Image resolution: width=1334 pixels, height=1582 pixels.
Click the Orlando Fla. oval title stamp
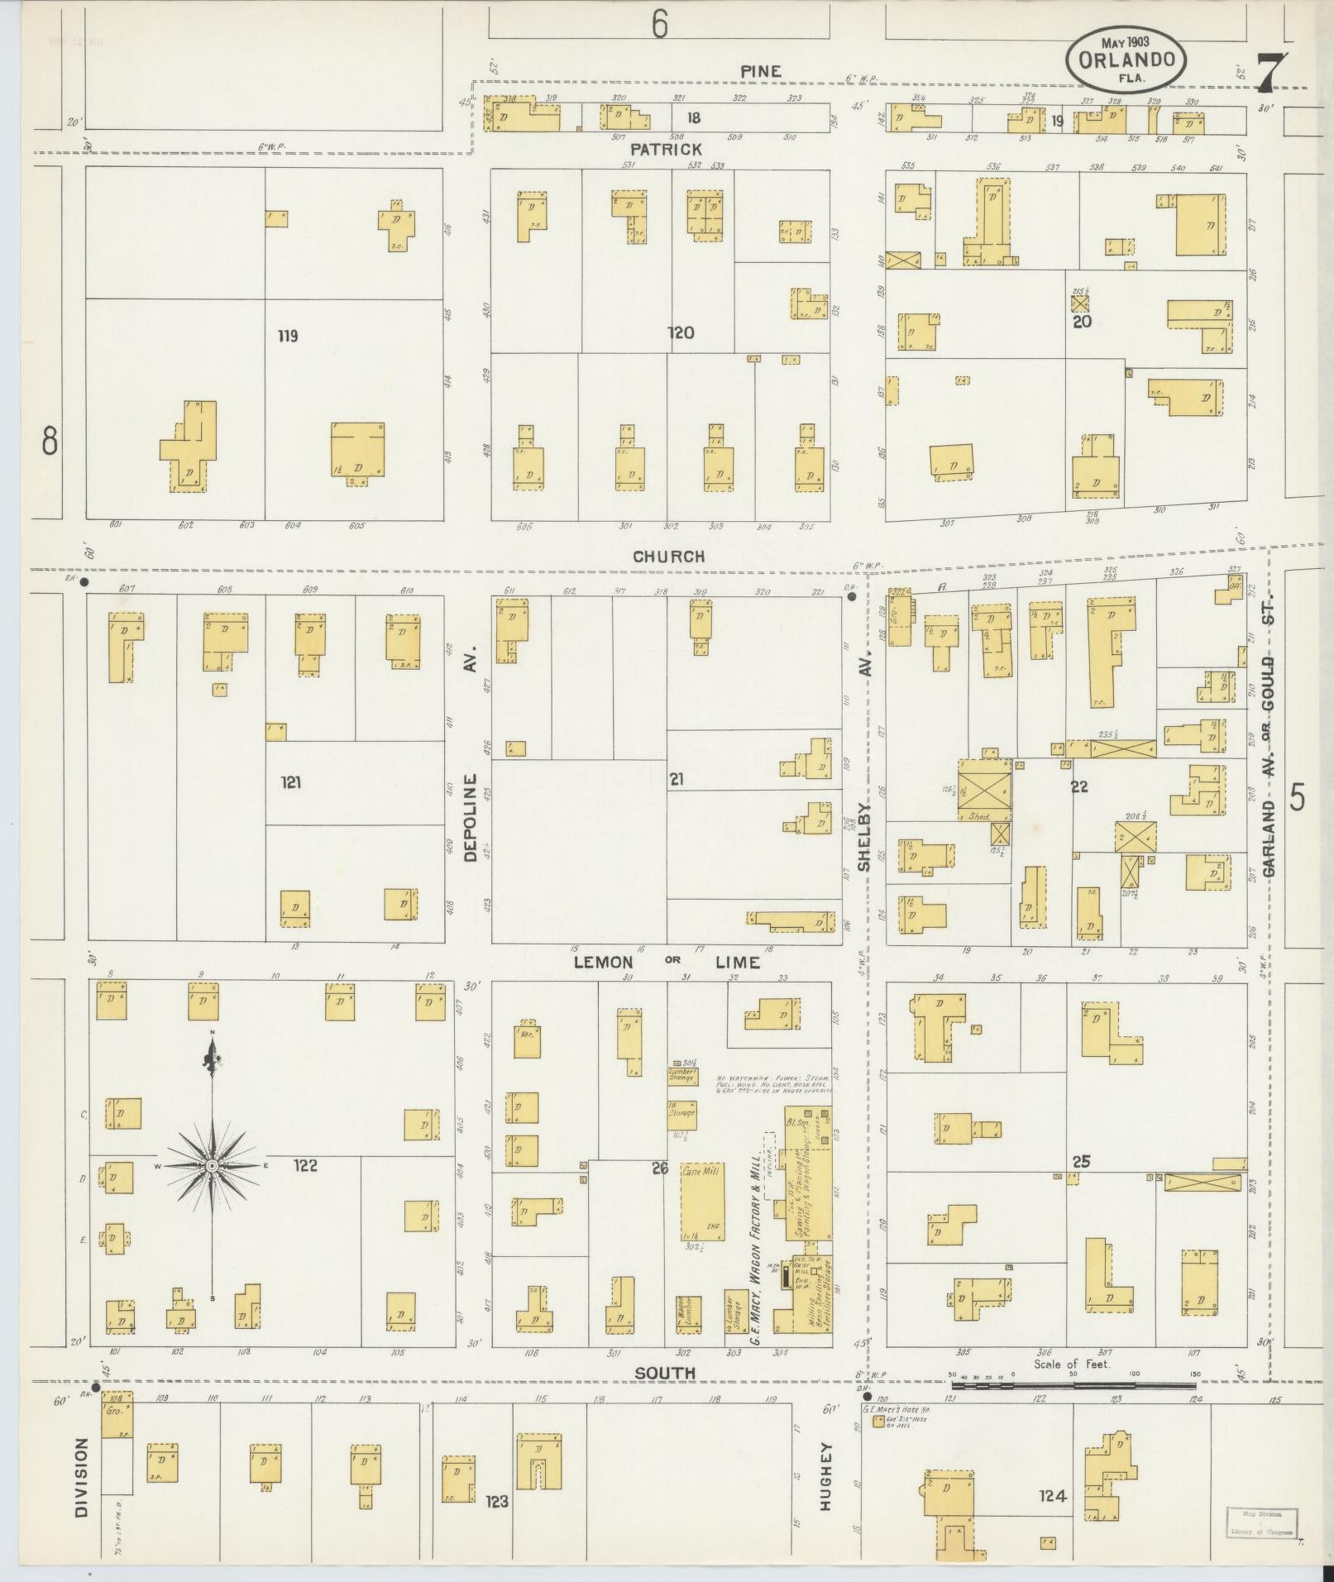click(x=1125, y=60)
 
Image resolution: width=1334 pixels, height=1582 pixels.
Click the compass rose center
click(x=213, y=1165)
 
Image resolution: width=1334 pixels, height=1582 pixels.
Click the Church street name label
click(x=668, y=557)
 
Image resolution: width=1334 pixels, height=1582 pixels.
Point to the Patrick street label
click(x=666, y=149)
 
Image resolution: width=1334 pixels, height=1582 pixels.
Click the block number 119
click(x=288, y=336)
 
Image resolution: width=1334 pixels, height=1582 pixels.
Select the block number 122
click(x=305, y=1165)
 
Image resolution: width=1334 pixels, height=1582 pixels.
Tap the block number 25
click(x=1080, y=1162)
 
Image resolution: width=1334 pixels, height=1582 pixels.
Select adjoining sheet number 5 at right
click(x=1298, y=798)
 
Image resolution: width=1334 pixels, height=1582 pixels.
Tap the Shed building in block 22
click(x=984, y=791)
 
